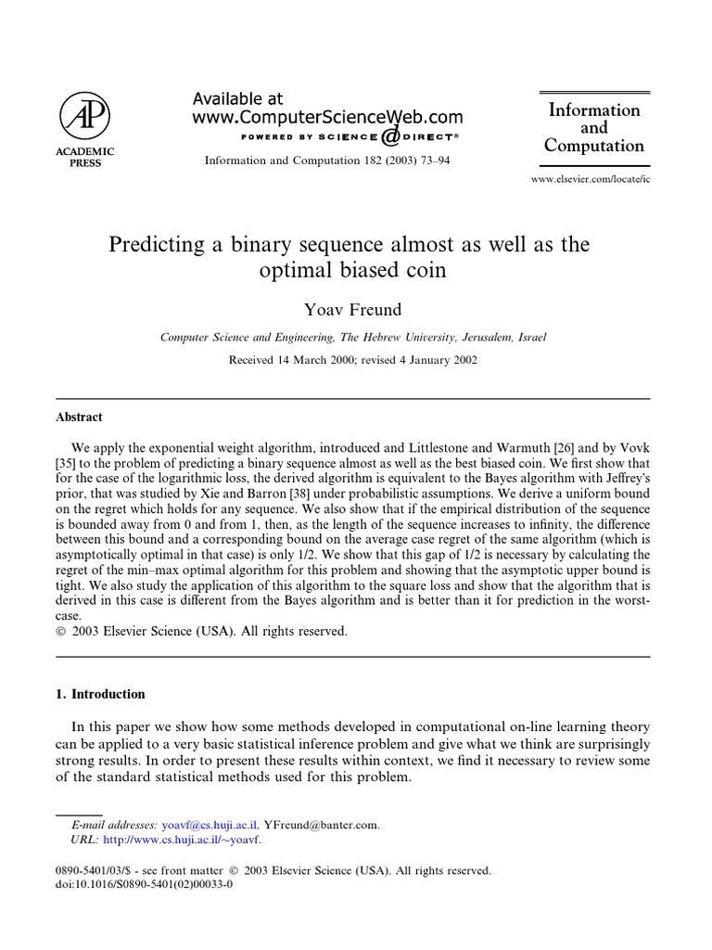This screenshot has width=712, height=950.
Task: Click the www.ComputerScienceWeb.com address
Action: tap(327, 117)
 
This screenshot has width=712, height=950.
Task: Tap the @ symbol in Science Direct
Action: tap(390, 136)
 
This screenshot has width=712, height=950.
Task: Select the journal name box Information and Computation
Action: tap(594, 127)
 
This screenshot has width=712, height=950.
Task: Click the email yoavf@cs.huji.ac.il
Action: tap(210, 825)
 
